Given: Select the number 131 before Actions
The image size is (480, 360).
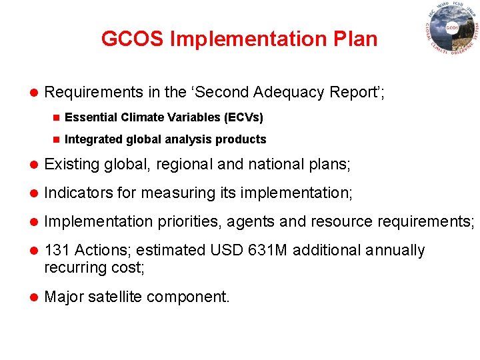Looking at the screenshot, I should (x=57, y=250).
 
